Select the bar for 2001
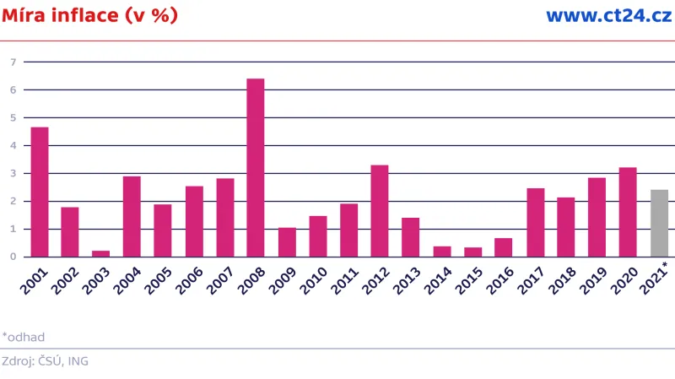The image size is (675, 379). pos(40,192)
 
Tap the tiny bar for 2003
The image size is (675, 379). pos(101,253)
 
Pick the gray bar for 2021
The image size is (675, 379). pos(659,223)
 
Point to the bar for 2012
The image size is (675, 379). pos(380,210)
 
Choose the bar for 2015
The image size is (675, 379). pos(472,252)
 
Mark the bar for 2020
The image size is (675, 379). pos(628,212)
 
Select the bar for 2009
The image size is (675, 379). pos(287,242)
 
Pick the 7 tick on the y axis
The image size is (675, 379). pos(13,62)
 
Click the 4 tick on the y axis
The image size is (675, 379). pos(13,145)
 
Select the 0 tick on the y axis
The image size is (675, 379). pos(13,257)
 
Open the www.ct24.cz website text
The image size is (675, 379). pos(608,16)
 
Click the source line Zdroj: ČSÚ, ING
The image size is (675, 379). pos(45,361)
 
